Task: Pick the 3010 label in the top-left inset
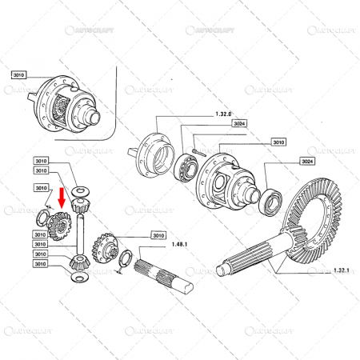tap(19, 74)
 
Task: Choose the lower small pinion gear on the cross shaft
tap(78, 260)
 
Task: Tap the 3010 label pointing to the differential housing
tap(278, 142)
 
